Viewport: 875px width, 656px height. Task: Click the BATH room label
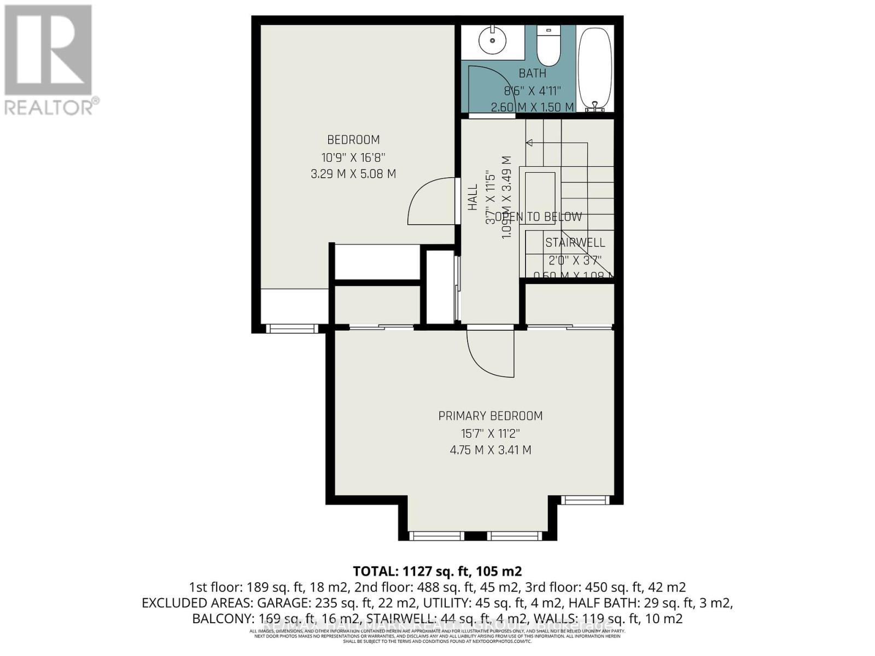(532, 73)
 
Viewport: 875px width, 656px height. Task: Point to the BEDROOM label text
(353, 140)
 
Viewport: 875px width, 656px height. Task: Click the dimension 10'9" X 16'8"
(353, 157)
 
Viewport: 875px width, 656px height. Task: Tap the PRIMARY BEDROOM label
(491, 416)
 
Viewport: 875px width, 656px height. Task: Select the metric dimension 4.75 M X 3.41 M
(491, 450)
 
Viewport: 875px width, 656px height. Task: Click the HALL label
(473, 197)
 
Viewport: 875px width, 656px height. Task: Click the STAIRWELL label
(575, 242)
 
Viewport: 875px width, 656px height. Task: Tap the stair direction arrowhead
(529, 143)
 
